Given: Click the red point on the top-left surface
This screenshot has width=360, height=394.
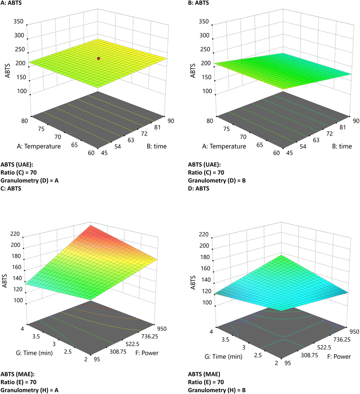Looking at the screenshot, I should pyautogui.click(x=99, y=58).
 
